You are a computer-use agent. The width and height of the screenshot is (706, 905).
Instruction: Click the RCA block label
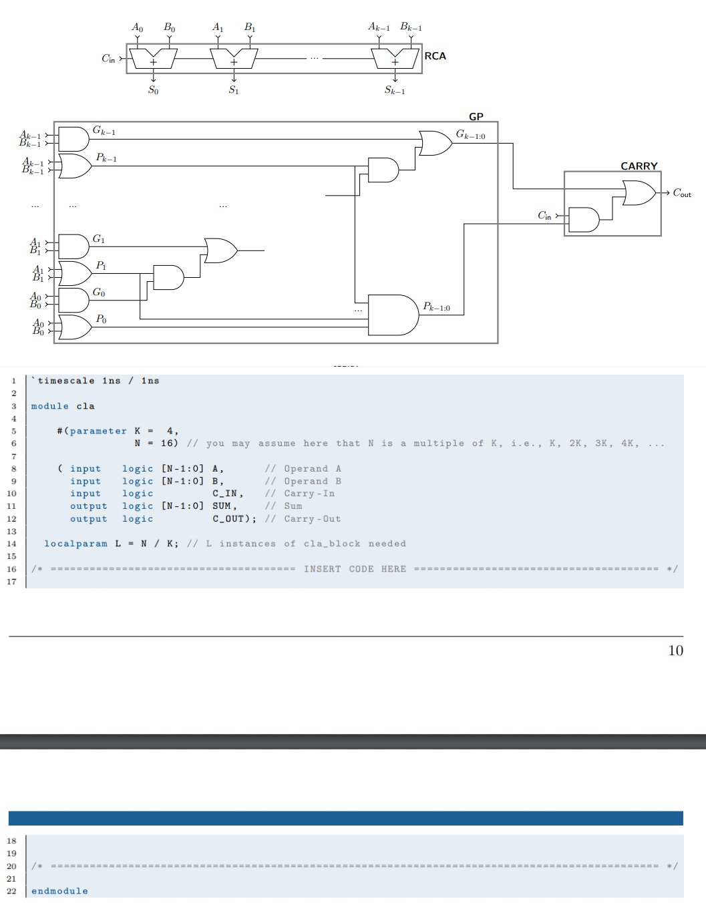click(x=435, y=56)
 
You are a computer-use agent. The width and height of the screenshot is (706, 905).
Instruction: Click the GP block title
click(x=476, y=116)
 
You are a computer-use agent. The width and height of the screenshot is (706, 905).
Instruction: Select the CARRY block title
click(x=639, y=166)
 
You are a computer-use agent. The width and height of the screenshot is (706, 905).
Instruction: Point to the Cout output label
click(x=682, y=193)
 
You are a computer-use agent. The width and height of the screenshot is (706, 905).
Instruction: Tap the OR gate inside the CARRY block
click(x=639, y=193)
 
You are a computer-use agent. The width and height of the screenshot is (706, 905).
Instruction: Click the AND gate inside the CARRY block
click(x=584, y=219)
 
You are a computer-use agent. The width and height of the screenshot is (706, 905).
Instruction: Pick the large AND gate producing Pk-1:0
click(x=393, y=315)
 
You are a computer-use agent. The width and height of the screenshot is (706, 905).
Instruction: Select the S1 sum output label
click(x=233, y=90)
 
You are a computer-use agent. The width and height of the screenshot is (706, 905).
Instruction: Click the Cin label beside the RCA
click(x=109, y=59)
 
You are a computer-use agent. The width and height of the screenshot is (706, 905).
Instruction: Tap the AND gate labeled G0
click(x=73, y=300)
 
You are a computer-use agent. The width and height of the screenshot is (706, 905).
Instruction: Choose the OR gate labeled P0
click(x=75, y=327)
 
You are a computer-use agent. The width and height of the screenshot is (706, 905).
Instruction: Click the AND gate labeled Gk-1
click(x=73, y=139)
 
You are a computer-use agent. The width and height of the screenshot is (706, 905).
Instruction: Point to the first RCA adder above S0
click(x=153, y=59)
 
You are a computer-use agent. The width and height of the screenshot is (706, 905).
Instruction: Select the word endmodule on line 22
click(x=59, y=891)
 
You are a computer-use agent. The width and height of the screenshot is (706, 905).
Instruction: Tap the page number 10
click(x=675, y=651)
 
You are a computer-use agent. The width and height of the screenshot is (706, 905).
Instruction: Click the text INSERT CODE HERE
click(x=355, y=569)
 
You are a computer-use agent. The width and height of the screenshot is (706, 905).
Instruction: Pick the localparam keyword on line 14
click(x=75, y=544)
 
